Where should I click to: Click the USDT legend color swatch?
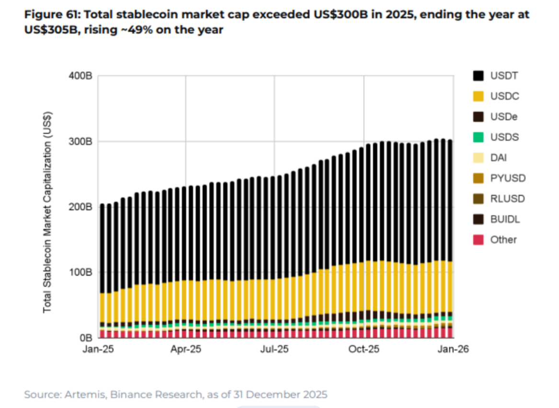click(478, 76)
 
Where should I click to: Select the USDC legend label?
click(504, 96)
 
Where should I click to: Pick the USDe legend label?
click(504, 117)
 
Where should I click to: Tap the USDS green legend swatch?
click(478, 137)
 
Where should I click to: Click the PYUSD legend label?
click(508, 178)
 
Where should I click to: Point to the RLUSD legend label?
click(507, 199)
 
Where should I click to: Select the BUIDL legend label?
click(505, 219)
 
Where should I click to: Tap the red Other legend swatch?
click(478, 240)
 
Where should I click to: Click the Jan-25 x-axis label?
click(98, 349)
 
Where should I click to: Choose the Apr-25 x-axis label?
click(186, 349)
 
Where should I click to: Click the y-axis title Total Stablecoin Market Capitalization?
click(47, 213)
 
